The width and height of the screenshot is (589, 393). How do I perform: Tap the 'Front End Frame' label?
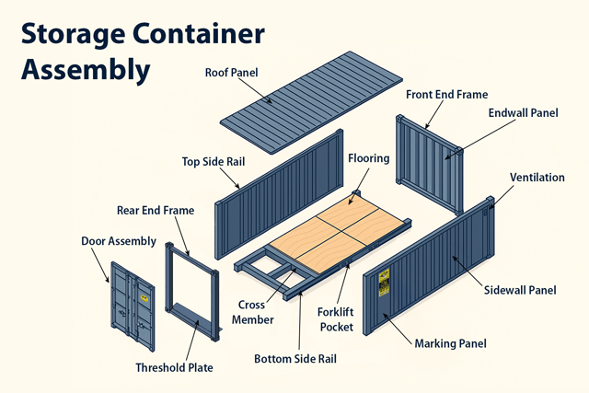coord(446,94)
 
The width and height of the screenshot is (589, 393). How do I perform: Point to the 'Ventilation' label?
coord(537,177)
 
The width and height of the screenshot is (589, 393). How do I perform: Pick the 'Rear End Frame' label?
coord(156,210)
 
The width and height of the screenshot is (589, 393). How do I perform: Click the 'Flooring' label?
coord(368,157)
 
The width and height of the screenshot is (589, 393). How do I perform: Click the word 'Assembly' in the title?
coord(86,68)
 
